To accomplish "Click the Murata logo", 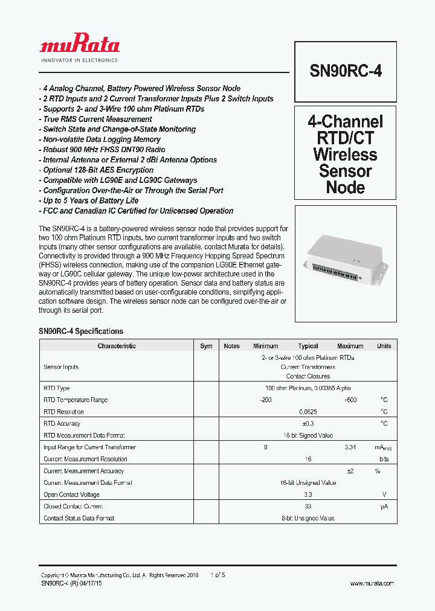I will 79,46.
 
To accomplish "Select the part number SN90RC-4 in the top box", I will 346,71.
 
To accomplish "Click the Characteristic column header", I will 117,346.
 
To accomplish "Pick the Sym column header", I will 207,346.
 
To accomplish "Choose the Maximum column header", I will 350,346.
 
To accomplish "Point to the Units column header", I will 384,346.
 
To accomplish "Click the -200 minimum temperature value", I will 266,400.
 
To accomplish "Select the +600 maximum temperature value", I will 350,400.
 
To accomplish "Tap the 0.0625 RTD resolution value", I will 308,412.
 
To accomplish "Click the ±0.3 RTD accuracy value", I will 308,424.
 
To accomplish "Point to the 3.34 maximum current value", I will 350,447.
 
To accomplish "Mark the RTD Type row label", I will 57,388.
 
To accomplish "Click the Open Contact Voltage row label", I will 72,494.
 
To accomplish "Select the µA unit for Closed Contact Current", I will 384,507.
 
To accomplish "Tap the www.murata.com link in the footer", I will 372,583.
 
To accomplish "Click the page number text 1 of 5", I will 218,575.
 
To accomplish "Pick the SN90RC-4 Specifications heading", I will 81,331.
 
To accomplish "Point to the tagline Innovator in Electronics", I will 79,60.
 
